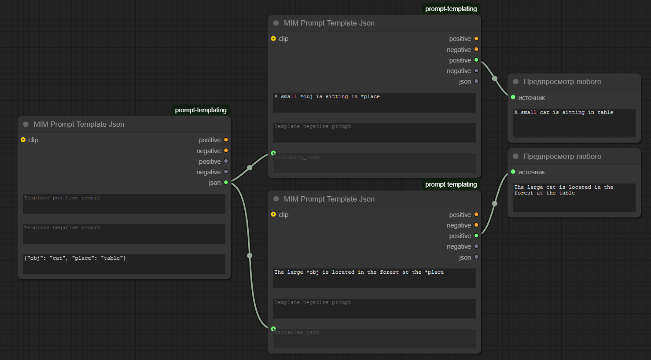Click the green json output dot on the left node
point(226,183)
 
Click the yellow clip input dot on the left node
point(23,140)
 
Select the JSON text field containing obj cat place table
point(124,264)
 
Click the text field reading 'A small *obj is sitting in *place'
point(374,103)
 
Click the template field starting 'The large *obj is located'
point(374,278)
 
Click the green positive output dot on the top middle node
point(476,60)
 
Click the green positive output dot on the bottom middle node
point(476,235)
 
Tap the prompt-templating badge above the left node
point(201,110)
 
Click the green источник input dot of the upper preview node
point(513,97)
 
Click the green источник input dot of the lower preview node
point(513,172)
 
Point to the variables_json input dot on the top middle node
point(273,153)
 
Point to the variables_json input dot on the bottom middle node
point(273,329)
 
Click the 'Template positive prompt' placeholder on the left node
point(62,198)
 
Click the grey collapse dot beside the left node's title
point(26,125)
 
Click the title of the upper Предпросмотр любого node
point(563,82)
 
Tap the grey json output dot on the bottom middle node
point(476,257)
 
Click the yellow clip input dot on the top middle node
point(273,39)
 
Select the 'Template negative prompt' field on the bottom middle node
point(374,309)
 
